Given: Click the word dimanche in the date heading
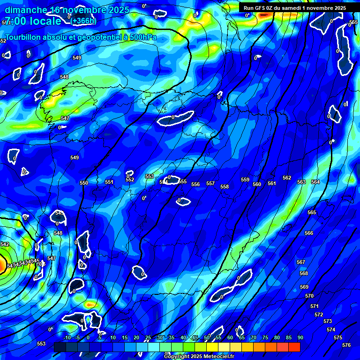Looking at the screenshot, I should tap(26, 10).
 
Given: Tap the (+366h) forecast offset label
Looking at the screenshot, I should tap(84, 21).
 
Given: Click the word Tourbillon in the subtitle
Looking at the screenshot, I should tap(24, 37).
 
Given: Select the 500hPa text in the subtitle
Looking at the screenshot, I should tap(141, 37).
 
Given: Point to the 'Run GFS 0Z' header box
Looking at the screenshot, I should tap(294, 8).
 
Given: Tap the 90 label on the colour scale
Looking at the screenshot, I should tap(300, 338).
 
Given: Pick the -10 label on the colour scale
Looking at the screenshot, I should tap(67, 338).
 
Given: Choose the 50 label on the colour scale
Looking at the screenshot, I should tap(207, 338).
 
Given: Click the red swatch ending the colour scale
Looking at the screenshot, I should tap(294, 347).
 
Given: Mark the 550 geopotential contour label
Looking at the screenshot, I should tap(84, 183).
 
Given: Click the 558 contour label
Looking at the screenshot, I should tap(225, 187).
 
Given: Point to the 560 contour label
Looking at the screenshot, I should tap(257, 184).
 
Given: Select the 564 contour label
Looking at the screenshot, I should tap(315, 182).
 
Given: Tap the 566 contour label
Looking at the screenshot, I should tap(309, 233).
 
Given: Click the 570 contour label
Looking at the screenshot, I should tap(309, 296).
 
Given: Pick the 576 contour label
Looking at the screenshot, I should tap(346, 345).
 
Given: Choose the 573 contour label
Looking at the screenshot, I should tap(328, 321).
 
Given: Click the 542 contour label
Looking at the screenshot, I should tap(5, 244).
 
